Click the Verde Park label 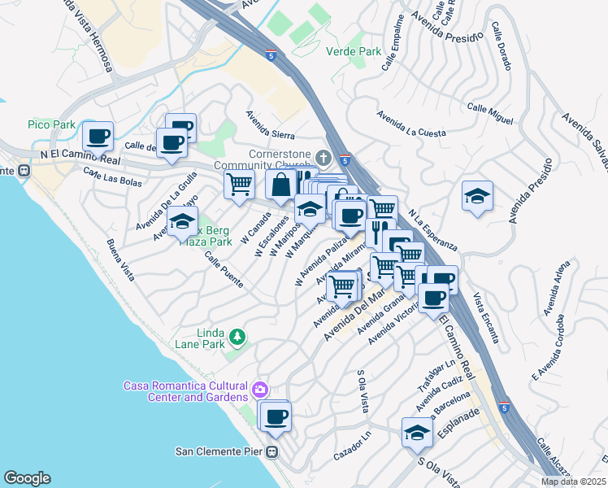pyautogui.click(x=353, y=51)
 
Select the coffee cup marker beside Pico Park pyautogui.click(x=98, y=136)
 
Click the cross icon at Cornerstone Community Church pyautogui.click(x=323, y=156)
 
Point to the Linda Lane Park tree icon pyautogui.click(x=237, y=336)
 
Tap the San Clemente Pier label pyautogui.click(x=221, y=451)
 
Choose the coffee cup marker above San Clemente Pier pyautogui.click(x=276, y=416)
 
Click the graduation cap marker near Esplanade pyautogui.click(x=417, y=432)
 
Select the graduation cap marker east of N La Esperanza pyautogui.click(x=477, y=195)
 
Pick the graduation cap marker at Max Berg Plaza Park pyautogui.click(x=182, y=220)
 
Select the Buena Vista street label pyautogui.click(x=120, y=259)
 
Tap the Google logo pyautogui.click(x=27, y=478)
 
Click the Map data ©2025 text pyautogui.click(x=572, y=481)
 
